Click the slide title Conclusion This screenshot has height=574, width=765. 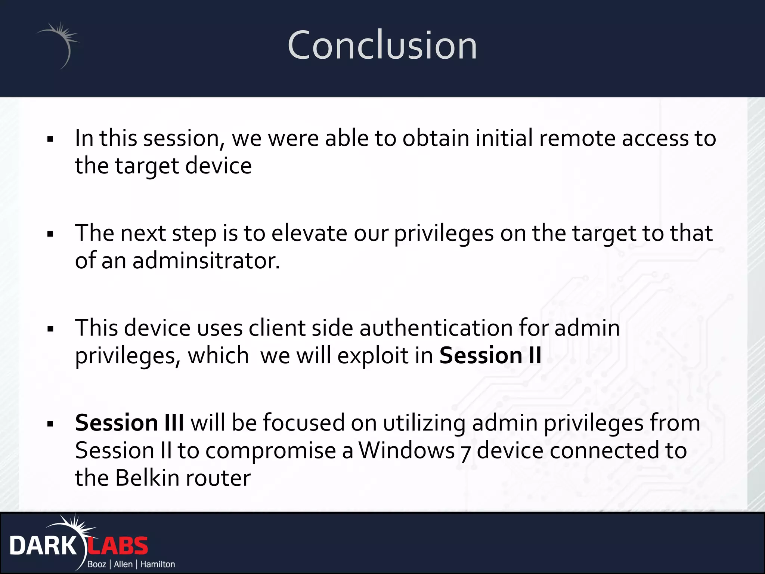point(382,46)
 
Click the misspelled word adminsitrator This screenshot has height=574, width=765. point(206,260)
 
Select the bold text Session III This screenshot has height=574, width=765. point(129,423)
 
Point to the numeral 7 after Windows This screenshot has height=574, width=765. point(465,453)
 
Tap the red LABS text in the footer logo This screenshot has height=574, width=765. point(118,546)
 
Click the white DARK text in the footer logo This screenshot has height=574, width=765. point(43,546)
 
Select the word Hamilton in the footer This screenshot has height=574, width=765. point(158,564)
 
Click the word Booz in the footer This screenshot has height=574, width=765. point(96,564)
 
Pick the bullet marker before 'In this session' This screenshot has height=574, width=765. point(50,140)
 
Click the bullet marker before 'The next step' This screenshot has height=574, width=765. point(50,235)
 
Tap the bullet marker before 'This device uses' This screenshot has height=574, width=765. point(50,329)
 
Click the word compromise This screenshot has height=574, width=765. point(270,451)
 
